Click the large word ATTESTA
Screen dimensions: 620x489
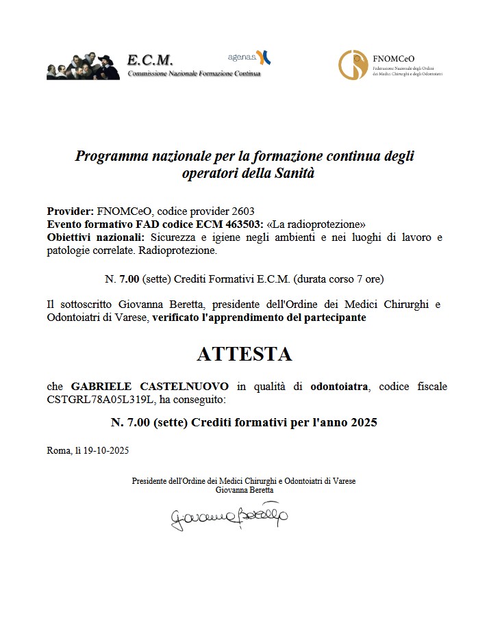click(244, 354)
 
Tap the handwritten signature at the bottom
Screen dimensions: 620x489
click(229, 515)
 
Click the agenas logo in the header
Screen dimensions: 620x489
click(249, 57)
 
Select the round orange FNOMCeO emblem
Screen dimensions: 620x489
click(353, 65)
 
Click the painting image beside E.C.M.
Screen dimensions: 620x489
click(84, 66)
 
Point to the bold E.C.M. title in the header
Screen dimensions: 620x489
click(150, 60)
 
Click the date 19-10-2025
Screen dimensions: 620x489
click(106, 450)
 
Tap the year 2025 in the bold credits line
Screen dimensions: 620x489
click(362, 422)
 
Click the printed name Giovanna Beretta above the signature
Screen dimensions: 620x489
click(244, 490)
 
